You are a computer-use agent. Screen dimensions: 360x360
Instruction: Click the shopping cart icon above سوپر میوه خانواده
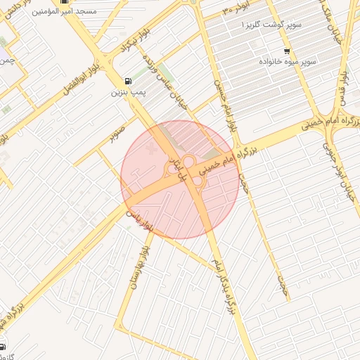click(x=286, y=51)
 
